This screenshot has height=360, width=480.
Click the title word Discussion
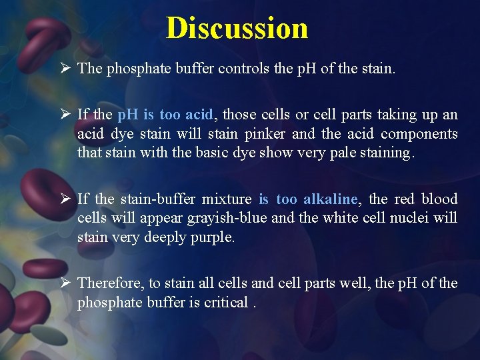click(x=237, y=28)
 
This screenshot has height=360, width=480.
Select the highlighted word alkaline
click(x=330, y=199)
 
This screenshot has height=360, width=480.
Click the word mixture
click(x=227, y=199)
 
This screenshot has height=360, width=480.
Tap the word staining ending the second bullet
click(x=388, y=152)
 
